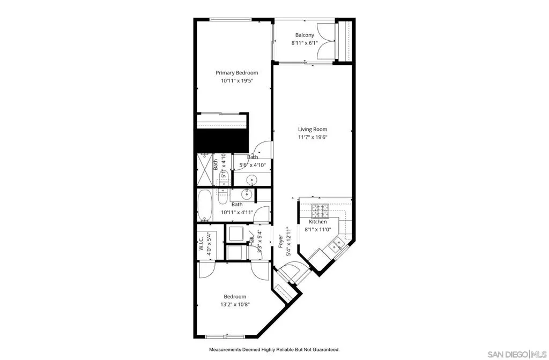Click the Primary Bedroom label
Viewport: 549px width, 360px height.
pos(236,73)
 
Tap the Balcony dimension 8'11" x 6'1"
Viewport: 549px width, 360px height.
pos(304,43)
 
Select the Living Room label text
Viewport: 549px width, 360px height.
pos(313,129)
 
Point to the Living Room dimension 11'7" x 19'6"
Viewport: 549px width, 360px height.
pos(313,137)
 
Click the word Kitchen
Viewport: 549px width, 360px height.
pos(317,222)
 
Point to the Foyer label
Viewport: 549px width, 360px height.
pos(280,240)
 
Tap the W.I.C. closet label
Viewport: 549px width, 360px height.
pos(201,244)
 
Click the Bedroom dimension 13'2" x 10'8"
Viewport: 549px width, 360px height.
pos(235,304)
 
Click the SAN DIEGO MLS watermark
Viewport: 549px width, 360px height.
pos(517,354)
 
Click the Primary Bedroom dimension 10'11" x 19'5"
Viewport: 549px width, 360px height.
pos(236,81)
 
